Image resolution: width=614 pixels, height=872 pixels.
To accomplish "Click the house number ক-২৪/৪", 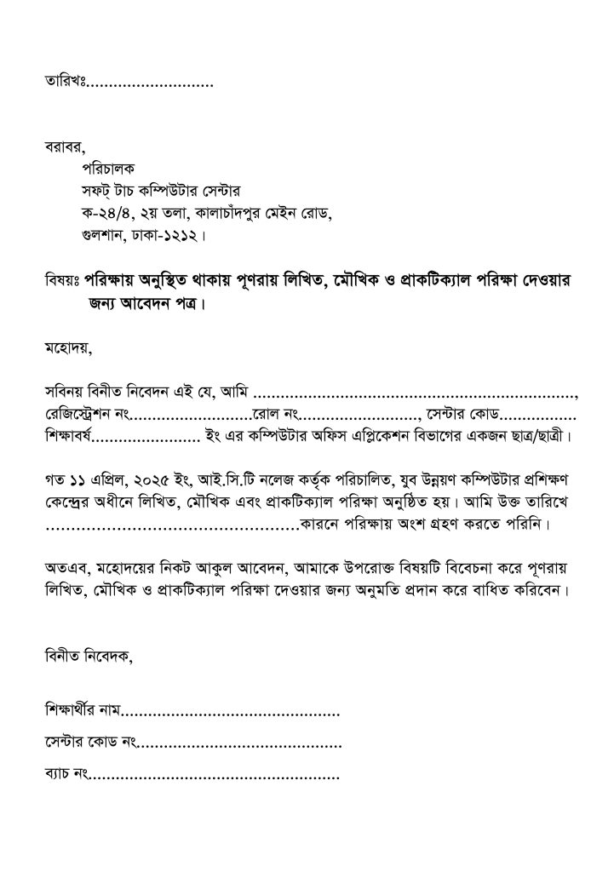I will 100,212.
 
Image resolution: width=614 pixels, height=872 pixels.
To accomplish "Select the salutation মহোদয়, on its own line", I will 67,347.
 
